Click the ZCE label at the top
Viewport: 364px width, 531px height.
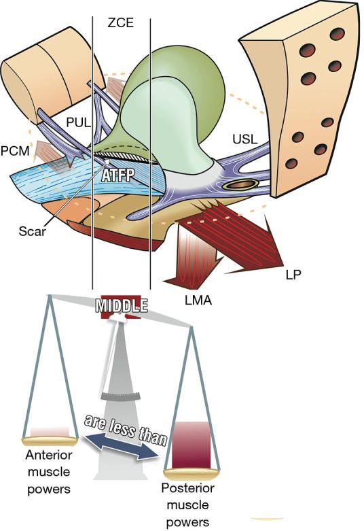(x=120, y=22)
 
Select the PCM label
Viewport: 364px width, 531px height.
(x=14, y=148)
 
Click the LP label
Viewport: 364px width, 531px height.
(x=293, y=275)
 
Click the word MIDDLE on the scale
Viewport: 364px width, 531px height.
(x=122, y=305)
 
